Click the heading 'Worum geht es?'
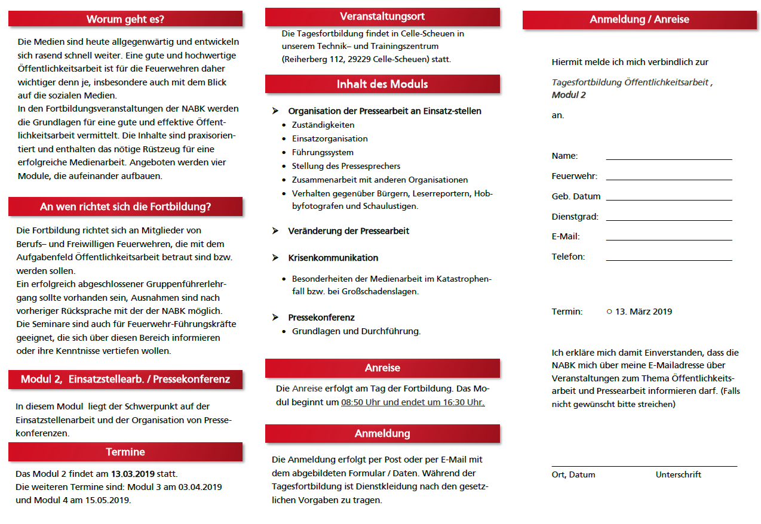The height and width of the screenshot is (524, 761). (x=125, y=19)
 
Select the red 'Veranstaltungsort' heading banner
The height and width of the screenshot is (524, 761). (x=382, y=17)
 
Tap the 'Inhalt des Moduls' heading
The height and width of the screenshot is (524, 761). (x=382, y=84)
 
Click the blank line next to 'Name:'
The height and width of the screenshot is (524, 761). (x=668, y=158)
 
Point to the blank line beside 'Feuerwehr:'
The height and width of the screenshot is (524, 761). (x=668, y=178)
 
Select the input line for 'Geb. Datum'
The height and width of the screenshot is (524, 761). (x=668, y=198)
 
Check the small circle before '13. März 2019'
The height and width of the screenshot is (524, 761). (x=609, y=312)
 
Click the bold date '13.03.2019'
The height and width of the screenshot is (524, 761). (x=133, y=474)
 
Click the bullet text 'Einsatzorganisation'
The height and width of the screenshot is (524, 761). (x=330, y=138)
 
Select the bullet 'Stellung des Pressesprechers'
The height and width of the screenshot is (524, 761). (x=346, y=166)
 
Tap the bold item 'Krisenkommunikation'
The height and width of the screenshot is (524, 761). (x=333, y=258)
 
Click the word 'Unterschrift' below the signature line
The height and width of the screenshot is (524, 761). (x=679, y=475)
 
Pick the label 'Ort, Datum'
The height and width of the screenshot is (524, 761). (x=573, y=475)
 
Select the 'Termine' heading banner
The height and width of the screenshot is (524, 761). (x=125, y=452)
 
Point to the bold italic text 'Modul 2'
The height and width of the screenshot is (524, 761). (x=569, y=95)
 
